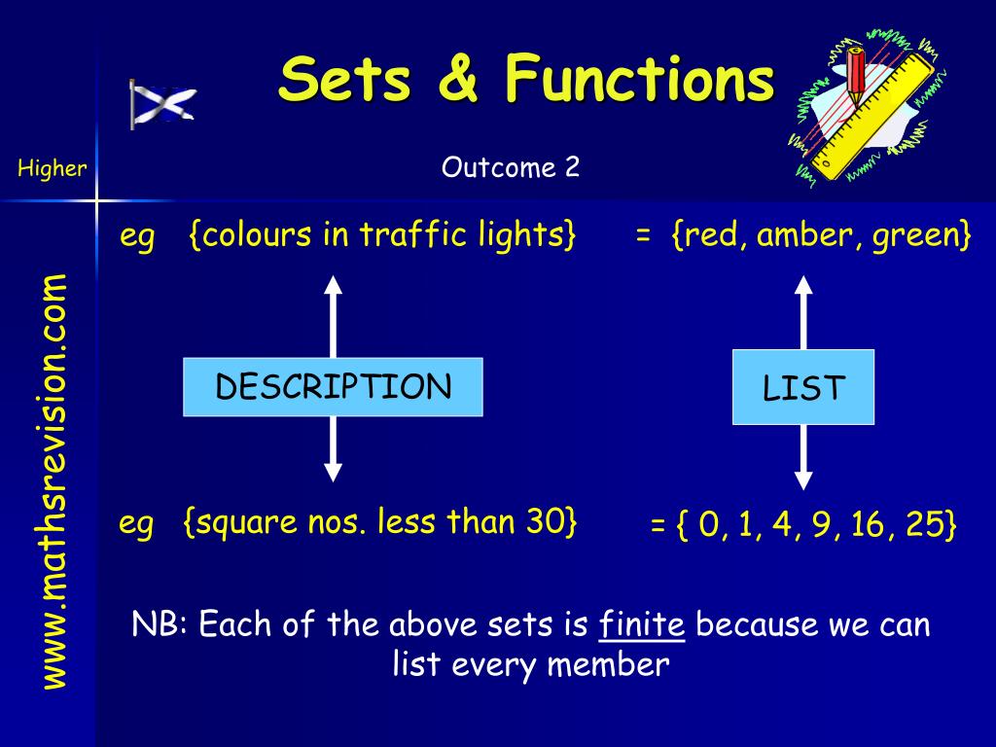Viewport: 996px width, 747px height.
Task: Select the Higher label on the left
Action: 52,168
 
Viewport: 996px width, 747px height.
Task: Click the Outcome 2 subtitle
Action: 511,167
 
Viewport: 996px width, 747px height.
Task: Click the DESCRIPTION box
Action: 333,387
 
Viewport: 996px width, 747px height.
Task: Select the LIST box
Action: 803,389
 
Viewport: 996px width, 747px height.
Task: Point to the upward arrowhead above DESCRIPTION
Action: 333,285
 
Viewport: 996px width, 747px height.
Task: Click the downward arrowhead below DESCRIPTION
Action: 333,472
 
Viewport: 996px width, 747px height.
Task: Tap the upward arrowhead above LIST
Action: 803,285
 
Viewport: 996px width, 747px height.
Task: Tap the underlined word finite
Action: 642,623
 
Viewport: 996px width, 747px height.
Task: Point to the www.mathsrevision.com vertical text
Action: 54,481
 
